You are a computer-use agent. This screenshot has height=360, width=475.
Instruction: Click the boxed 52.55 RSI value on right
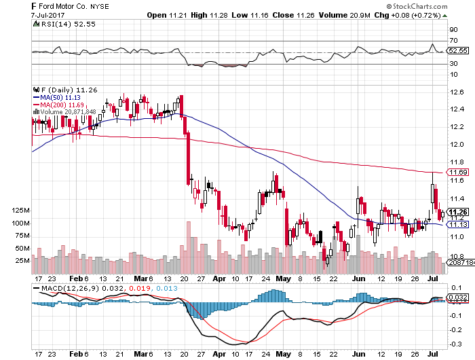(x=459, y=51)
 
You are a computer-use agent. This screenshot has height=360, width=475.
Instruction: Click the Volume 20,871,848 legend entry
(x=69, y=111)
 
